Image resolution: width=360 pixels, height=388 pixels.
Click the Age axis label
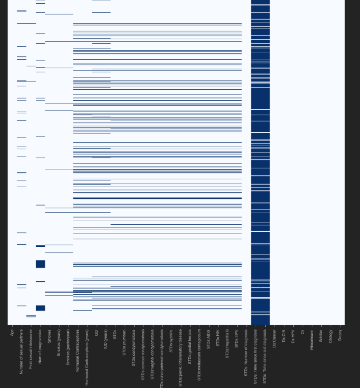pyautogui.click(x=12, y=333)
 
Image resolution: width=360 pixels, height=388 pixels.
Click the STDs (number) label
pyautogui.click(x=124, y=342)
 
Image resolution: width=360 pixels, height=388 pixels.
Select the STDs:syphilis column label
pyautogui.click(x=171, y=341)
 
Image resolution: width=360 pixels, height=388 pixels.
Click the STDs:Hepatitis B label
pyautogui.click(x=227, y=344)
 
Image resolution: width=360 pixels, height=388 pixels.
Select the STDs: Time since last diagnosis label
pyautogui.click(x=264, y=357)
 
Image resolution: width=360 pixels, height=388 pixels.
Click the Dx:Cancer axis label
pyautogui.click(x=274, y=339)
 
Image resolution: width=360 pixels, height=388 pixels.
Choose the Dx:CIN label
pyautogui.click(x=283, y=337)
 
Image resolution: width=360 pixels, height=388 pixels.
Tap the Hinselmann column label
pyautogui.click(x=311, y=339)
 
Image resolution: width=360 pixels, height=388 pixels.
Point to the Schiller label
pyautogui.click(x=320, y=336)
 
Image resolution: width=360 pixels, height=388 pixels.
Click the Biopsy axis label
pyautogui.click(x=339, y=335)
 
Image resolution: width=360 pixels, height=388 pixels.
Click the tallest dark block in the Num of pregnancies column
pyautogui.click(x=40, y=264)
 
